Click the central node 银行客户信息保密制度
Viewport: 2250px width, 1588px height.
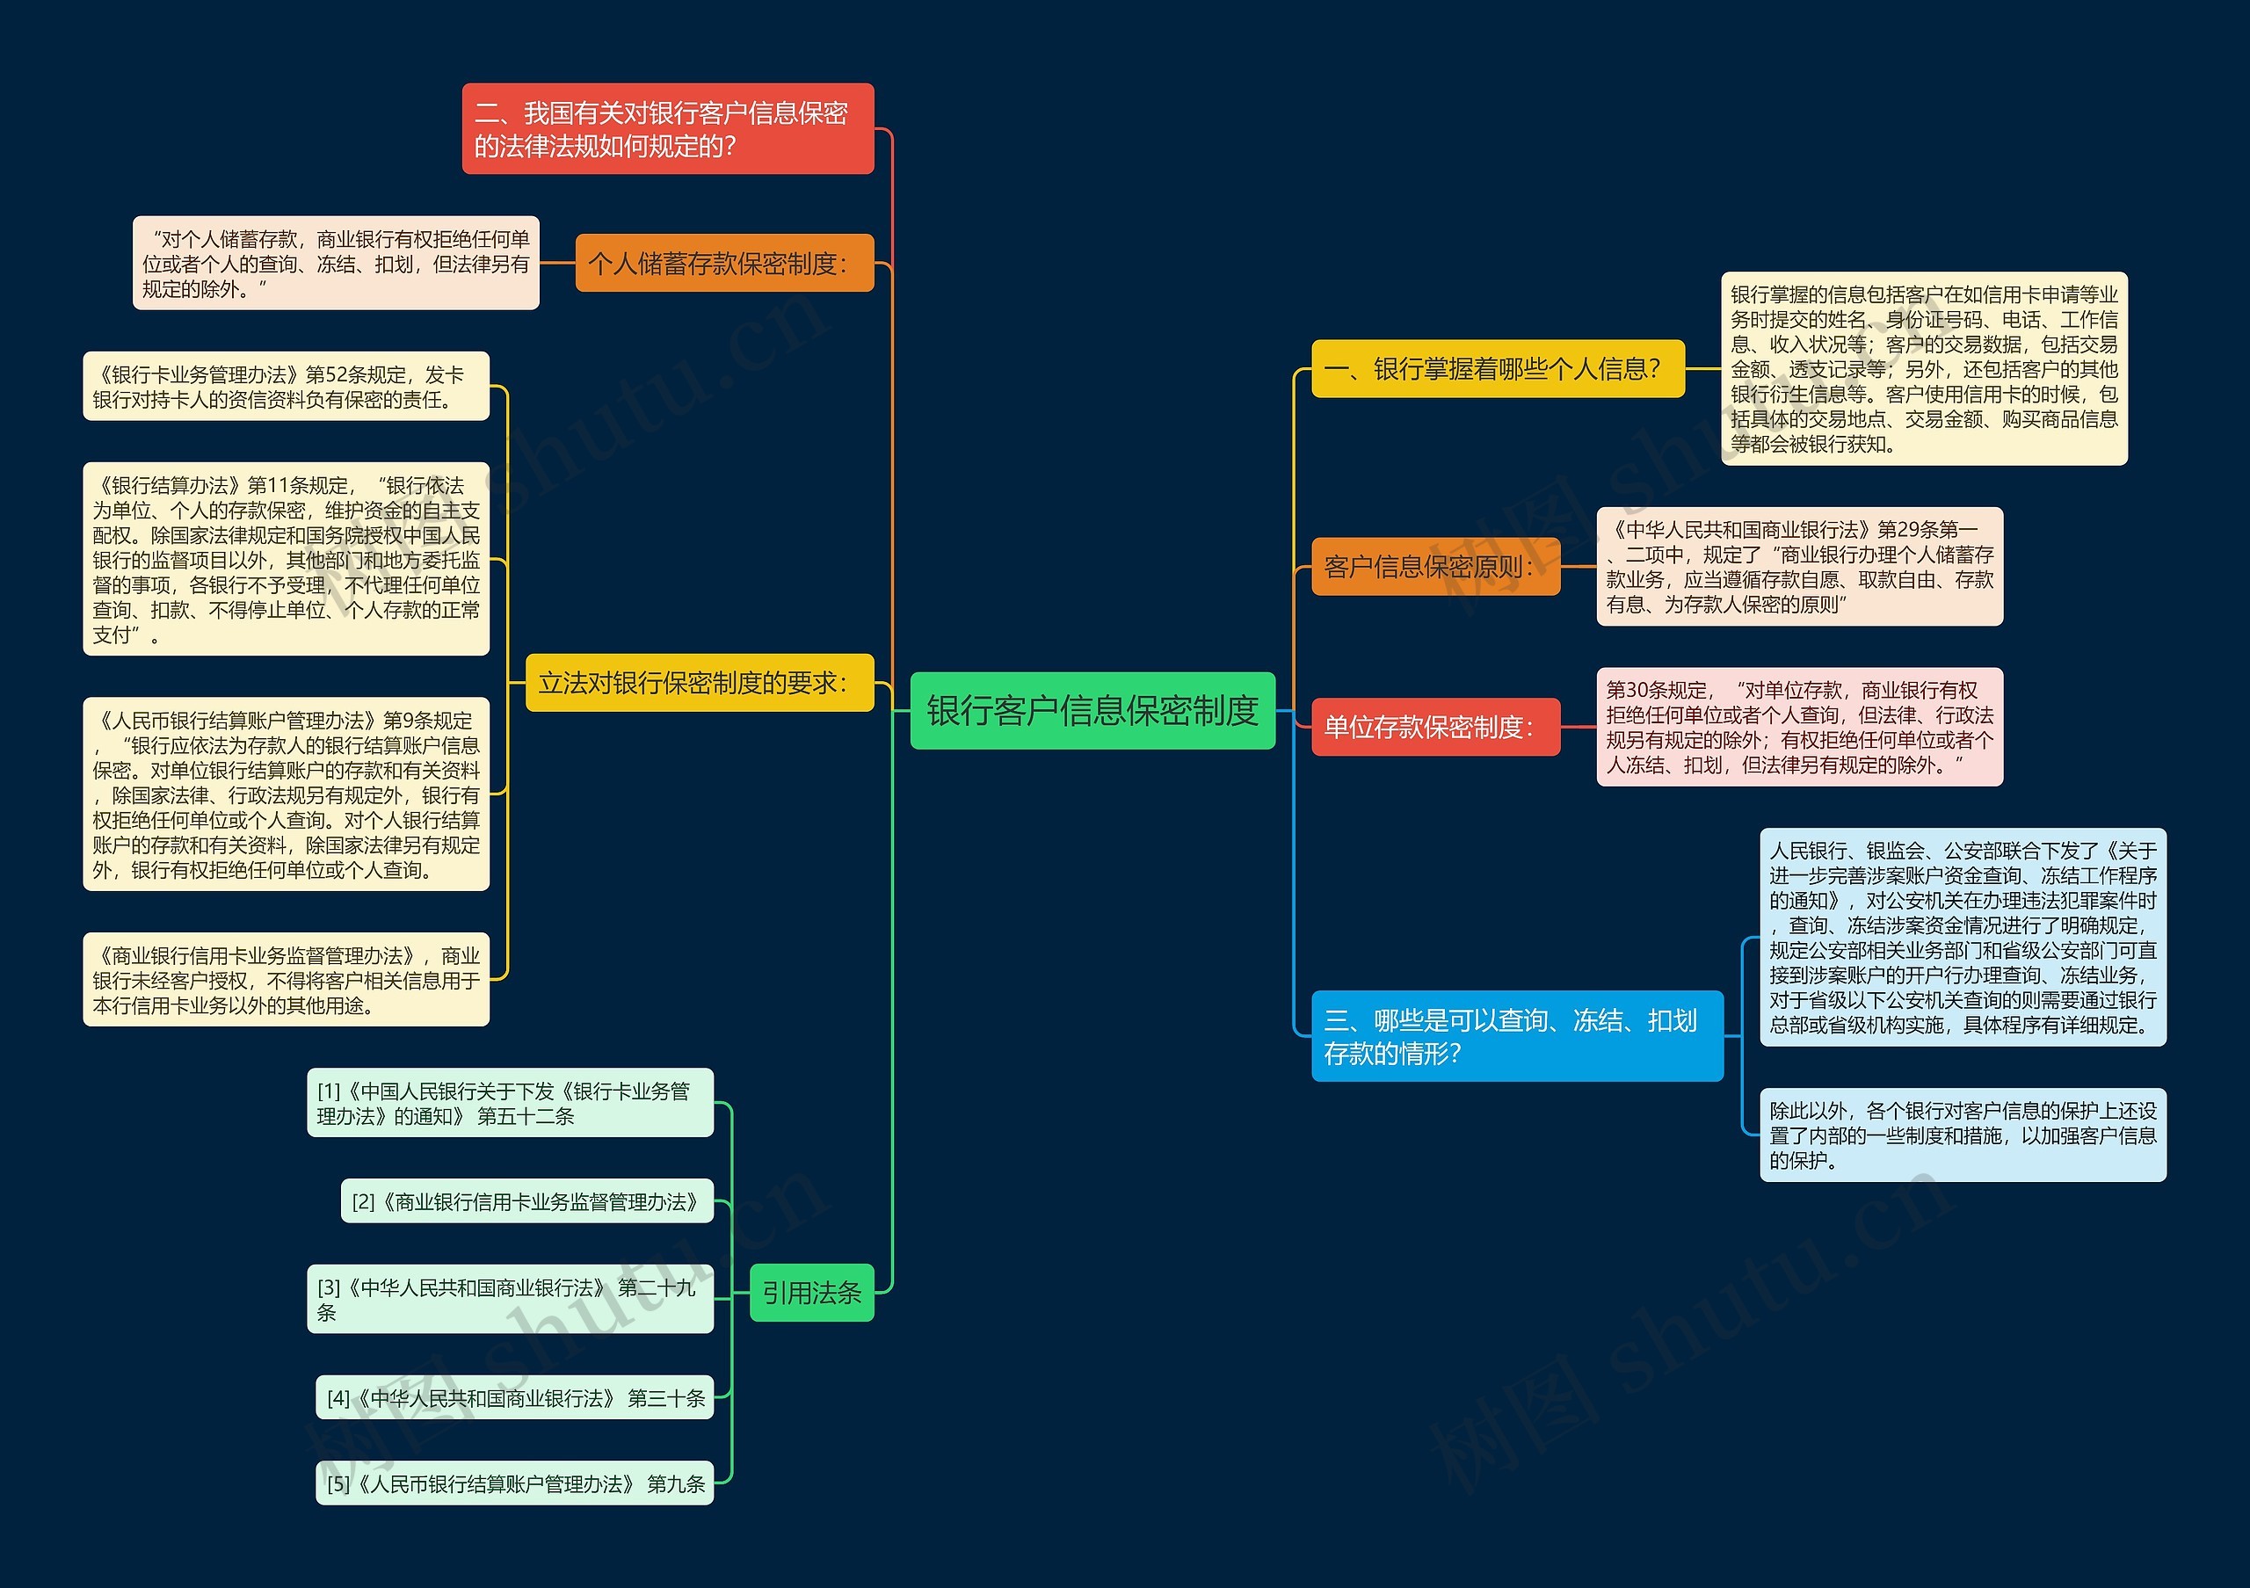pos(1092,710)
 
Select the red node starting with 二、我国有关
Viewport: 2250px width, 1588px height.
pos(667,128)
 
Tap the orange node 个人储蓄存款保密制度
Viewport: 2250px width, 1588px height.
pos(723,263)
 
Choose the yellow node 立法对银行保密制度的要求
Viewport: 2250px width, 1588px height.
pos(699,682)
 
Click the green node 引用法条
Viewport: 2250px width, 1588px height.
pos(810,1292)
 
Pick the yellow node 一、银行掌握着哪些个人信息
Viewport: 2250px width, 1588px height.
pos(1497,368)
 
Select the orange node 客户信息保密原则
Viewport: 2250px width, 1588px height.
pos(1434,566)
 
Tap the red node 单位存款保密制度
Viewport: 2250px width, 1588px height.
pos(1434,727)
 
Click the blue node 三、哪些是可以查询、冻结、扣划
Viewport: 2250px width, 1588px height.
pos(1516,1035)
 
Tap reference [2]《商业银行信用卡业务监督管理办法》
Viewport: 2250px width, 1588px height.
pos(527,1201)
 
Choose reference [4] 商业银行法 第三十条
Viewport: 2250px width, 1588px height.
pos(515,1397)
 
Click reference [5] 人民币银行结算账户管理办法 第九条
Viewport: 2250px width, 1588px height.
pos(515,1483)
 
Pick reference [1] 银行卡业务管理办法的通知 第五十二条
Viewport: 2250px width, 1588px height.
pos(510,1102)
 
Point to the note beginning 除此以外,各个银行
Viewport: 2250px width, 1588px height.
pos(1962,1135)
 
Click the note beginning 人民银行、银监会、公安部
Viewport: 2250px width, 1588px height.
pos(1962,937)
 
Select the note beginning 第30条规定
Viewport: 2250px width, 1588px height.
pos(1799,727)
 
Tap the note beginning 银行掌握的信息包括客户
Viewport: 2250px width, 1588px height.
pos(1924,368)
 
